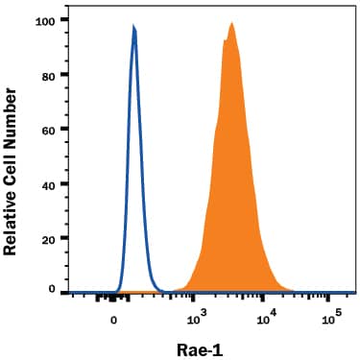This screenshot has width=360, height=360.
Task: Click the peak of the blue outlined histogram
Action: (133, 29)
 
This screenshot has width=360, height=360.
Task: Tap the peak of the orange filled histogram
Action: (231, 24)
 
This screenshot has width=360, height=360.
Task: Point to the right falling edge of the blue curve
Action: (143, 192)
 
